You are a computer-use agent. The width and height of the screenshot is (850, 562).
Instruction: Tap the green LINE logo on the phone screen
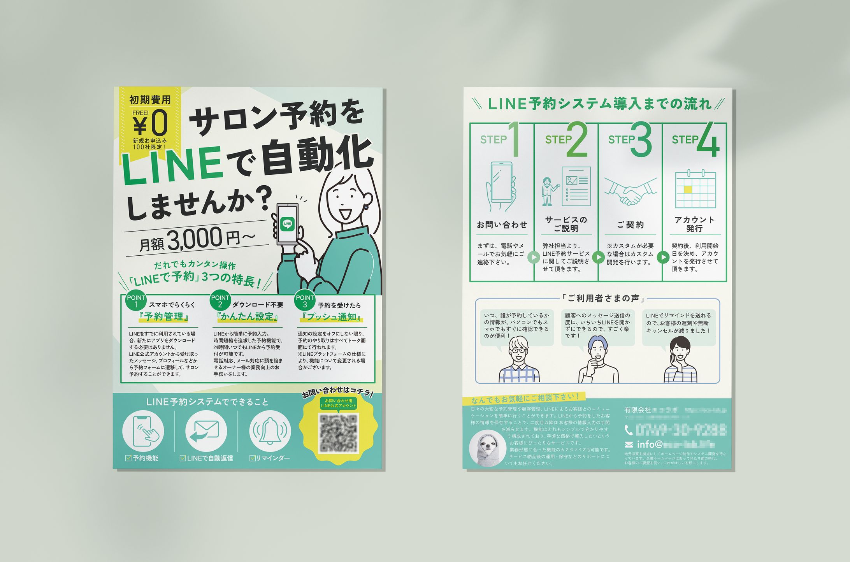pyautogui.click(x=287, y=223)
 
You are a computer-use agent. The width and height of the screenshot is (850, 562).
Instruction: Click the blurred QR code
pyautogui.click(x=338, y=433)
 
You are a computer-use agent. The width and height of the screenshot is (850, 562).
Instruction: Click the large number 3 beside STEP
pyautogui.click(x=641, y=139)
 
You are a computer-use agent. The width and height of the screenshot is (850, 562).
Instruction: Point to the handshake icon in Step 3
pyautogui.click(x=630, y=191)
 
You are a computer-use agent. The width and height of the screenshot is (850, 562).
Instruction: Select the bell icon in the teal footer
pyautogui.click(x=270, y=431)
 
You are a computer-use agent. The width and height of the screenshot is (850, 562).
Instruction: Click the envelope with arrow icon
pyautogui.click(x=206, y=431)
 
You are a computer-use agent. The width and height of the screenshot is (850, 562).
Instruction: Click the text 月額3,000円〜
pyautogui.click(x=197, y=240)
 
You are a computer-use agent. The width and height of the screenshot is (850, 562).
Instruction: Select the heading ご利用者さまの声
pyautogui.click(x=603, y=299)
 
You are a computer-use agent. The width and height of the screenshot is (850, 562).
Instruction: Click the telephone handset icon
pyautogui.click(x=628, y=430)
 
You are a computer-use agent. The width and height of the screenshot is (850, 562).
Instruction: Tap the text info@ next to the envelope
pyautogui.click(x=650, y=444)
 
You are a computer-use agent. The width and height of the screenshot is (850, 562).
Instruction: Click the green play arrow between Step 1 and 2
pyautogui.click(x=534, y=257)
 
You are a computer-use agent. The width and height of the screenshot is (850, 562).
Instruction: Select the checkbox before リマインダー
pyautogui.click(x=253, y=458)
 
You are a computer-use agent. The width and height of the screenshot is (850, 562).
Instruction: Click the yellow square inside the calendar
pyautogui.click(x=688, y=190)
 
